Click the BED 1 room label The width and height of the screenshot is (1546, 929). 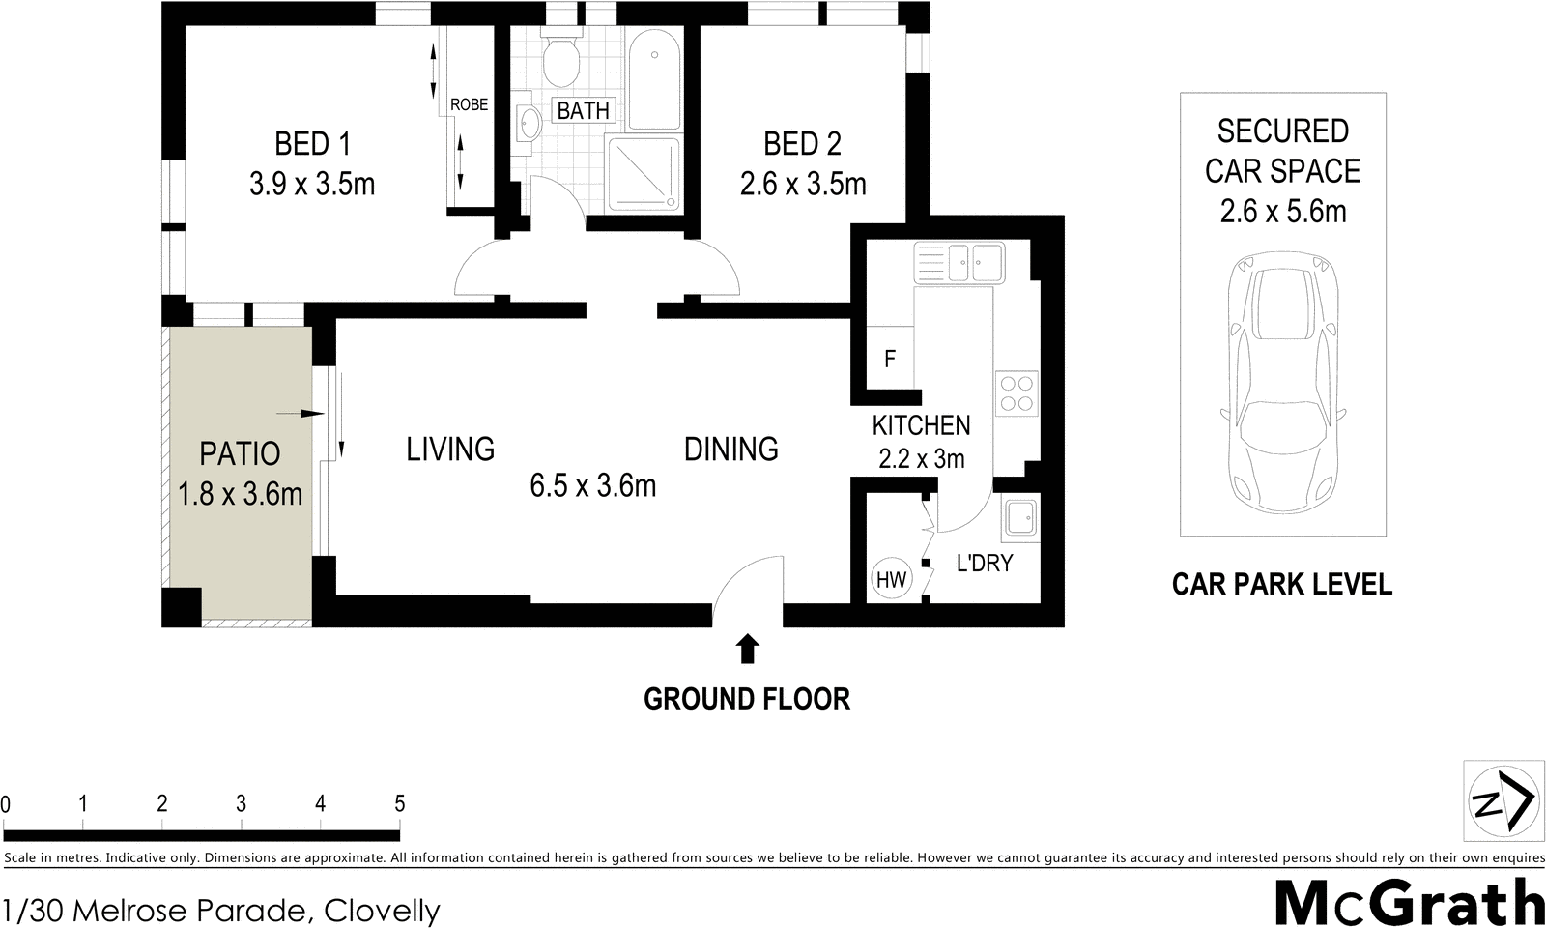point(312,144)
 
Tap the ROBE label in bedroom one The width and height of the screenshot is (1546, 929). point(469,104)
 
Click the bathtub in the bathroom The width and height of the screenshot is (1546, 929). point(654,77)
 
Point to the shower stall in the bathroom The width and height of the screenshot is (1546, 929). point(643,172)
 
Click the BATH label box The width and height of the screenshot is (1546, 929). point(583,110)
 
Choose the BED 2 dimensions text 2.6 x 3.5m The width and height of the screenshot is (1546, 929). point(803,184)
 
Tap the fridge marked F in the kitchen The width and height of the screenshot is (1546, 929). point(890,359)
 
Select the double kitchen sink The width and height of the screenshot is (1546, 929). point(959,261)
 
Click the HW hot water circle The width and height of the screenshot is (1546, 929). point(891,579)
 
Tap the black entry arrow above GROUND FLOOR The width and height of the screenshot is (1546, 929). point(747,649)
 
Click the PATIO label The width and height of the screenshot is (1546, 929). point(240,453)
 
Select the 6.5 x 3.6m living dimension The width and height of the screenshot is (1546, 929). point(592,485)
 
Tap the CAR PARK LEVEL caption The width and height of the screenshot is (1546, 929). point(1281,584)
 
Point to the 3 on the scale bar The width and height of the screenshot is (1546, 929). point(241,803)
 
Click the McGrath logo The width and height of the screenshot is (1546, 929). point(1409,902)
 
